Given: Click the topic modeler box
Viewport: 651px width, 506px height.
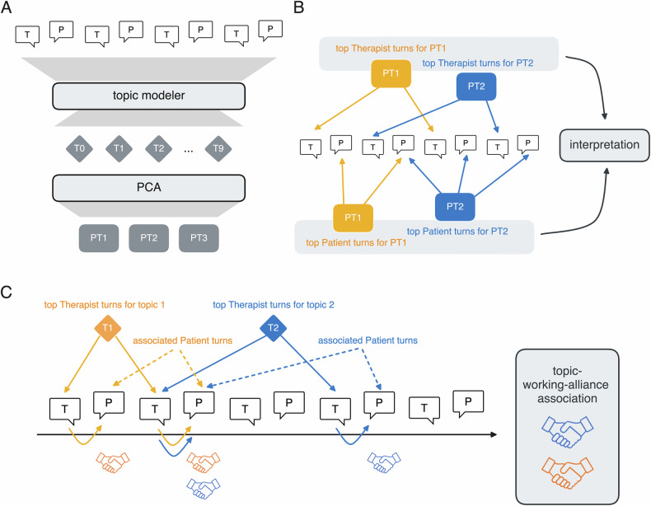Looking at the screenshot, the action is (x=148, y=96).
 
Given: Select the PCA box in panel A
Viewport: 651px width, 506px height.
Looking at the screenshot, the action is (x=148, y=188).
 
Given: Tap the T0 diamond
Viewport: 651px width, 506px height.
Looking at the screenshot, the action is (x=79, y=148).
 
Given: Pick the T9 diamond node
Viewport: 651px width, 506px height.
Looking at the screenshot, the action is (x=218, y=148).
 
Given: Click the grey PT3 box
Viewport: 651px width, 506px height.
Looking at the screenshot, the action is (x=199, y=238).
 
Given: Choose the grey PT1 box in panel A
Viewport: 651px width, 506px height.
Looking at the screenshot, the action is (x=99, y=238).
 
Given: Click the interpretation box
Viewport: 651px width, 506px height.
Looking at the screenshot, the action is (x=604, y=145).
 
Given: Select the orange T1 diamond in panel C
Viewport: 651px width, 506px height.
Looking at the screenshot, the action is (x=107, y=328).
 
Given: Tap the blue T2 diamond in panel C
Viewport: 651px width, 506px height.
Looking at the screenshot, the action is (x=274, y=328).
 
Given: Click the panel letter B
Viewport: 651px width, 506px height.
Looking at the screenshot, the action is (x=298, y=7).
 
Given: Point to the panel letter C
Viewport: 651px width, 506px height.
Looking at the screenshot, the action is (x=6, y=293).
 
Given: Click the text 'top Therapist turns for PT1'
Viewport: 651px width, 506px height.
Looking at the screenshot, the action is (x=391, y=49).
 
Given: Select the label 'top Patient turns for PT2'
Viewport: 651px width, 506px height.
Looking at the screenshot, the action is (x=457, y=232).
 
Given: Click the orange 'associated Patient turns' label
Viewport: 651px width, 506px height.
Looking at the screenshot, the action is (x=182, y=341).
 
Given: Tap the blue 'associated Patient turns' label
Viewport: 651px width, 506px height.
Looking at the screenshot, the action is (x=368, y=341).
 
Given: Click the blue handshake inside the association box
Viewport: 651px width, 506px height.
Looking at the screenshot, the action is (x=568, y=432).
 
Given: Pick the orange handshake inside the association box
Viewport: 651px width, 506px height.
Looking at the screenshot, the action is (x=568, y=472).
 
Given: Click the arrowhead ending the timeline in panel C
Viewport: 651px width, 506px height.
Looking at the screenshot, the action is (x=494, y=434).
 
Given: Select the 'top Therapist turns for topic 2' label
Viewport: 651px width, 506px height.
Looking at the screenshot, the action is (x=274, y=305).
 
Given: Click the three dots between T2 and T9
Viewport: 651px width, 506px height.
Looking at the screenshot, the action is (x=189, y=151).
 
